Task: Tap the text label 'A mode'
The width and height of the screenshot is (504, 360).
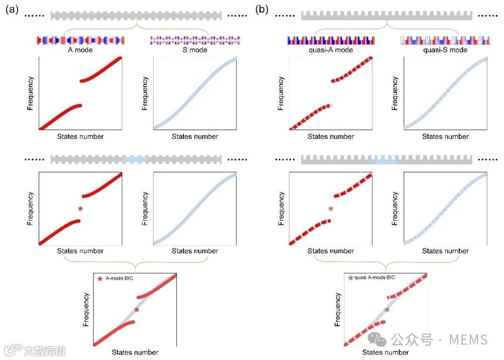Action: [80, 50]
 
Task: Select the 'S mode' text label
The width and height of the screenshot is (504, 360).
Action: [195, 50]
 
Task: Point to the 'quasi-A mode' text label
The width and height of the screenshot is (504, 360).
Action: [330, 50]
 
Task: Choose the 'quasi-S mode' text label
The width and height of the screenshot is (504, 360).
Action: [445, 50]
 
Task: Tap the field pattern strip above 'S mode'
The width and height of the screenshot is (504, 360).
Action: [195, 41]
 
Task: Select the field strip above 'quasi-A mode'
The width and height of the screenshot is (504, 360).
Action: [330, 41]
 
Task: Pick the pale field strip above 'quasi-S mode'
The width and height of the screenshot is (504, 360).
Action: [445, 41]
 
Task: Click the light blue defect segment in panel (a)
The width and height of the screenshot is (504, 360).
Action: [135, 159]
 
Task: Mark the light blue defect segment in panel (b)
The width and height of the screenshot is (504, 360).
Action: [386, 159]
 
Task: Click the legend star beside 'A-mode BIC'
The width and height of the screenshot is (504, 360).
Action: [99, 279]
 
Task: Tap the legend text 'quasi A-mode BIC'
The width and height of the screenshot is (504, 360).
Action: [375, 277]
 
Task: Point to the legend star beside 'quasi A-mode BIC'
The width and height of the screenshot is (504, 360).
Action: [350, 278]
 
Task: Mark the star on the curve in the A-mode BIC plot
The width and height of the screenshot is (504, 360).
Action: [136, 310]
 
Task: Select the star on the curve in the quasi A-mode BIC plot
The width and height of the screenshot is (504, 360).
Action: [387, 310]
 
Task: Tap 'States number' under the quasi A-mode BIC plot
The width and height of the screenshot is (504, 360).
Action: [385, 353]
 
